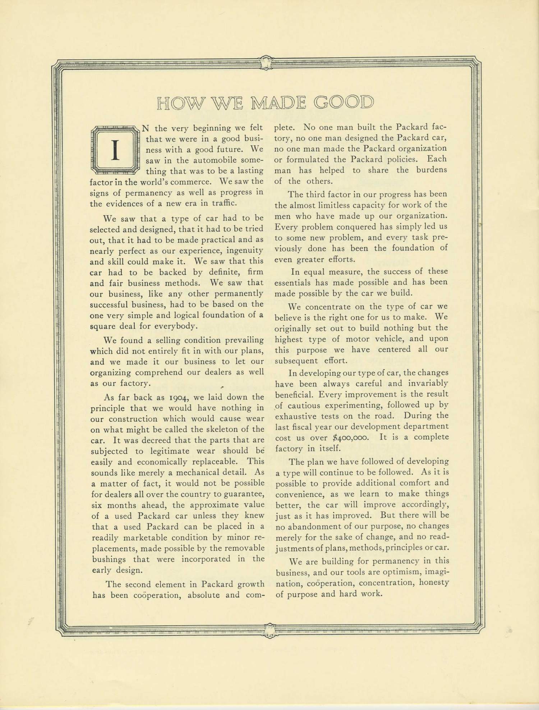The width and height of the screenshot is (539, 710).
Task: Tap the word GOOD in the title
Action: coord(344,103)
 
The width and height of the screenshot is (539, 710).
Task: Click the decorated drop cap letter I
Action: coord(115,150)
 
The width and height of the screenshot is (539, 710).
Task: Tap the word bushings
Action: coord(109,559)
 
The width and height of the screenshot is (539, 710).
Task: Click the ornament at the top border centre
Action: coord(266,62)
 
